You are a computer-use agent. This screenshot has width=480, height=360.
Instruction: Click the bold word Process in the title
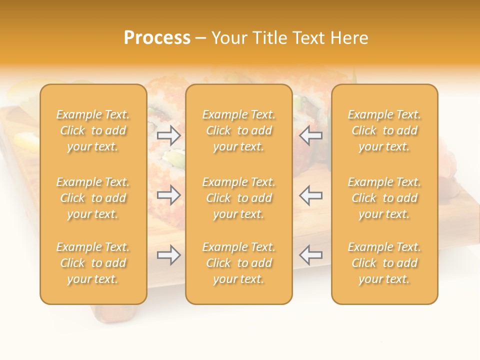point(157,38)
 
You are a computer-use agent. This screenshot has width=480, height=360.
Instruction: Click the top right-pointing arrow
point(168,135)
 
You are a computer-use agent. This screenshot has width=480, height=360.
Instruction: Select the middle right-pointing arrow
point(168,195)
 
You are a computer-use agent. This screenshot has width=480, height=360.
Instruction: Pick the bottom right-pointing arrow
point(168,255)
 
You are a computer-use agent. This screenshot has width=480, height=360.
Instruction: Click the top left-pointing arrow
point(311,135)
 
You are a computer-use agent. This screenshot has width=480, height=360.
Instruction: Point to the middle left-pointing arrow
point(311,195)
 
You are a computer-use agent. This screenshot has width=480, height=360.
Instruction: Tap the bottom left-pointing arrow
point(311,255)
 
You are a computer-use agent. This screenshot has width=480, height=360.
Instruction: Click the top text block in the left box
point(93,130)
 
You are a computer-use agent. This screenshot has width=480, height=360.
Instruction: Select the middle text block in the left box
point(93,198)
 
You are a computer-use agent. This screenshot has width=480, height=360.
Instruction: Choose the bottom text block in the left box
point(93,263)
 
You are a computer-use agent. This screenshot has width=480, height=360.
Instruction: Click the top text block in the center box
point(239,130)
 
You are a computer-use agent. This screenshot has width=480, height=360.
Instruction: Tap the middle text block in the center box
point(239,198)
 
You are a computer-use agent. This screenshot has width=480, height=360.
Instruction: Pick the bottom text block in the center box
point(239,263)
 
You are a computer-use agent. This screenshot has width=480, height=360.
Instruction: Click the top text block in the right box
point(384,130)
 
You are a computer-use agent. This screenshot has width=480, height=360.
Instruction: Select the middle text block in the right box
point(384,198)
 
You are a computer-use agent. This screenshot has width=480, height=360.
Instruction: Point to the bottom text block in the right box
point(384,263)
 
